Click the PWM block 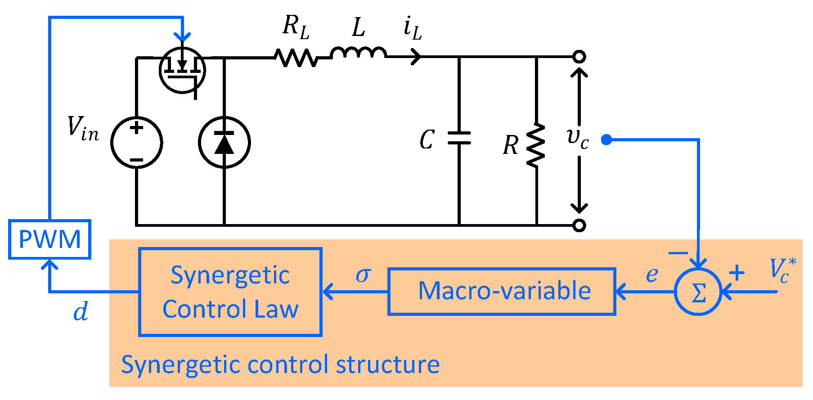(49, 239)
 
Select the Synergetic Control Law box (230, 292)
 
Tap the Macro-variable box (502, 291)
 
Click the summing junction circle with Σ (698, 292)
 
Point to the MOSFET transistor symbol (182, 70)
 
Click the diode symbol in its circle (224, 142)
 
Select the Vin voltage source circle (136, 142)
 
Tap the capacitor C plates (459, 138)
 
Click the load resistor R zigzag (536, 145)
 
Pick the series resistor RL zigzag (296, 58)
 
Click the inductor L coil (358, 53)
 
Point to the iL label (412, 29)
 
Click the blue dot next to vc (606, 140)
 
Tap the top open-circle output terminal (579, 57)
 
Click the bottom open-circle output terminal (579, 225)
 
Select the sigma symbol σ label (363, 274)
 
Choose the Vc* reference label (782, 270)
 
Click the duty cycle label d (81, 311)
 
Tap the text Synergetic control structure (280, 364)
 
